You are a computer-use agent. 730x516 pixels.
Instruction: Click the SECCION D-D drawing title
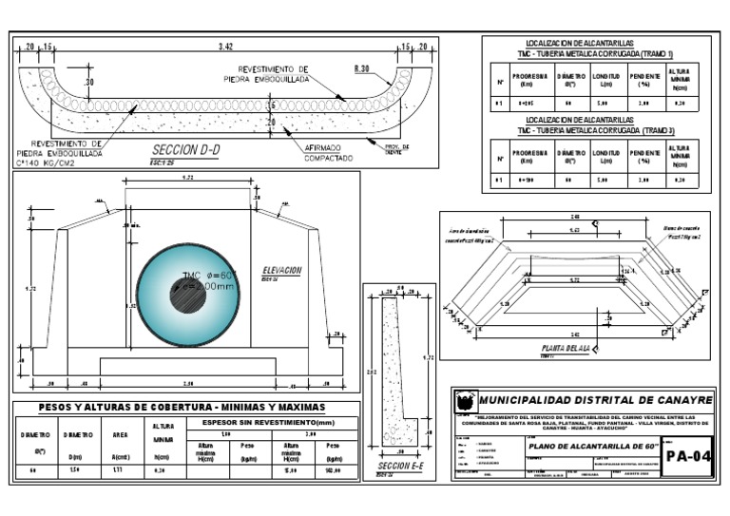tap(186, 150)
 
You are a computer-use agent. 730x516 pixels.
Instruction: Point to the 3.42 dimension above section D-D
tap(225, 46)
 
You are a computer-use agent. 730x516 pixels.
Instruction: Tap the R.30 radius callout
tap(361, 68)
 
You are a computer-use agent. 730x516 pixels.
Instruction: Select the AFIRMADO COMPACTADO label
tap(329, 153)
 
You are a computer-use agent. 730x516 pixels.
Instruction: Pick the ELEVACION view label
tap(282, 271)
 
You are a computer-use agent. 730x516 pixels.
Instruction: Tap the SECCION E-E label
tap(398, 467)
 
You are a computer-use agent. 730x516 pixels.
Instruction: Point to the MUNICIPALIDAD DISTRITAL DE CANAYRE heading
tap(595, 401)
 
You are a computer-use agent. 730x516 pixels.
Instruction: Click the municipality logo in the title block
tap(464, 401)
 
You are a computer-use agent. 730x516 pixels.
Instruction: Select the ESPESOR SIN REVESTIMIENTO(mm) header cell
tap(270, 422)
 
